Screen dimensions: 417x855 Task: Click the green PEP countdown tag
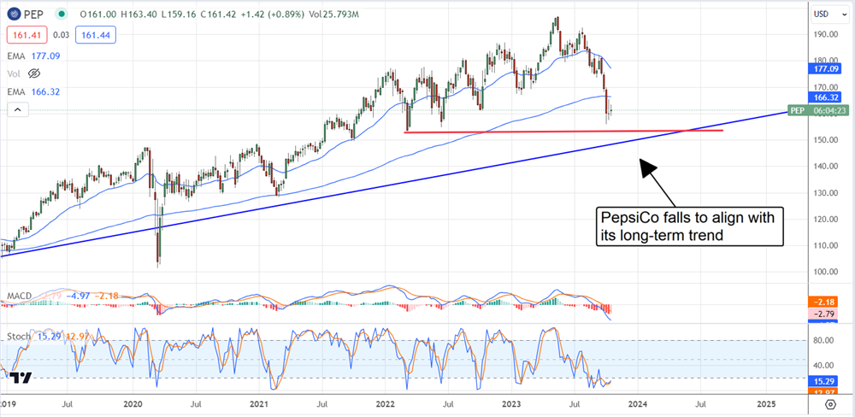(820, 111)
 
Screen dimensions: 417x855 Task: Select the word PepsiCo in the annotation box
(630, 220)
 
